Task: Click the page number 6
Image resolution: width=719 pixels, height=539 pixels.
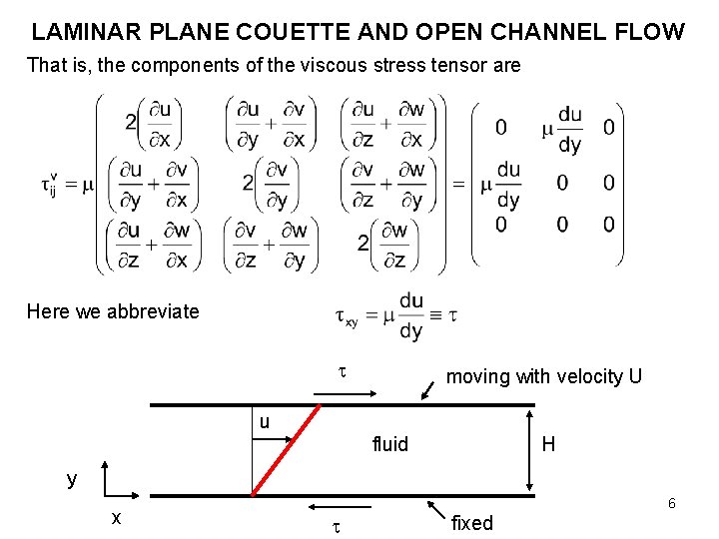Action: pos(672,503)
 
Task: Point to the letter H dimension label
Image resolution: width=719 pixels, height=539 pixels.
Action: pos(548,443)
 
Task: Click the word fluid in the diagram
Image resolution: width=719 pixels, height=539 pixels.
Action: pos(389,444)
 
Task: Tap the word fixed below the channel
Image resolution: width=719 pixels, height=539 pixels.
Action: pos(471,523)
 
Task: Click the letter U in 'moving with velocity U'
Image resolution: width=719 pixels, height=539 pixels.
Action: pos(635,376)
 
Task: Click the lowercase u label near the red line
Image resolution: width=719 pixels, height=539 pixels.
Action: pos(264,421)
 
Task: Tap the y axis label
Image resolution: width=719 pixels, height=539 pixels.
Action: pos(72,478)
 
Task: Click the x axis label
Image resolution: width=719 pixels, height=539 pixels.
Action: pos(117,518)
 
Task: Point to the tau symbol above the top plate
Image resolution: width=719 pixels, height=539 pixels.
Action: pos(341,371)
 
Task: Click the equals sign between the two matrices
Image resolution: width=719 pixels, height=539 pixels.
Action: pos(458,184)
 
